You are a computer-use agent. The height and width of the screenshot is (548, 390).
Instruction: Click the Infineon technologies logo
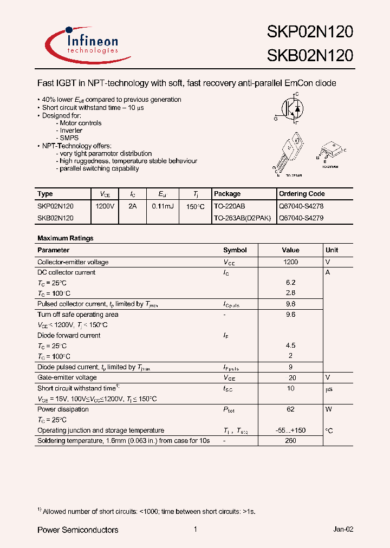[81, 43]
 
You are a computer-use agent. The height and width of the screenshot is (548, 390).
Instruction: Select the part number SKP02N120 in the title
[309, 32]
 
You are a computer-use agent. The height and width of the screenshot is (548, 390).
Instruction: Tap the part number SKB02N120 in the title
[309, 55]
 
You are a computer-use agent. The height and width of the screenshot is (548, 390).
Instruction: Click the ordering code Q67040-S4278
[301, 206]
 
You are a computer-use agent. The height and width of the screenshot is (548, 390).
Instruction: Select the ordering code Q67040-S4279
[301, 218]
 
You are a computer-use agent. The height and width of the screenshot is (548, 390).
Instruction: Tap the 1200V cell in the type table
[105, 206]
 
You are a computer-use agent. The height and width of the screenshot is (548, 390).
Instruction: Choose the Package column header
[227, 194]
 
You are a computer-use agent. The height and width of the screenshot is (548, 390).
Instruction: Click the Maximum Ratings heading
[65, 238]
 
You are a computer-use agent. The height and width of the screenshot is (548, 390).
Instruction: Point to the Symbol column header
[235, 250]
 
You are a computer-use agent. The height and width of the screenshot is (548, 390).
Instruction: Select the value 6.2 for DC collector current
[290, 283]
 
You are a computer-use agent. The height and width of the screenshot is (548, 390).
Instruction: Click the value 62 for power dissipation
[290, 409]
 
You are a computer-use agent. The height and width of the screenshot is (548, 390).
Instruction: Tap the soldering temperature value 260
[290, 441]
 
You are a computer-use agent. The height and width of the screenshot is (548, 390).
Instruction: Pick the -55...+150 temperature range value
[290, 430]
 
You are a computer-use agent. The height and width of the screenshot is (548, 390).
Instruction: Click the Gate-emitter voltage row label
[67, 377]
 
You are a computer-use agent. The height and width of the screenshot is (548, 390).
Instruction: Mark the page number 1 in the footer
[195, 530]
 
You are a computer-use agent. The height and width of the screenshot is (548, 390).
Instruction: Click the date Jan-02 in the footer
[343, 530]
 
